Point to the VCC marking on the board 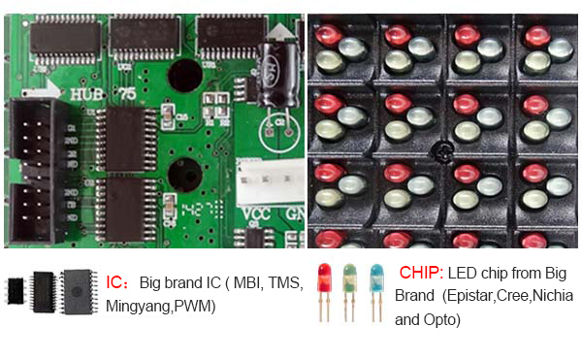tap(254, 213)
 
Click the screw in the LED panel tap(443, 152)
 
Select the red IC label tap(115, 282)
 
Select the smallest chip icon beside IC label tap(16, 289)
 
